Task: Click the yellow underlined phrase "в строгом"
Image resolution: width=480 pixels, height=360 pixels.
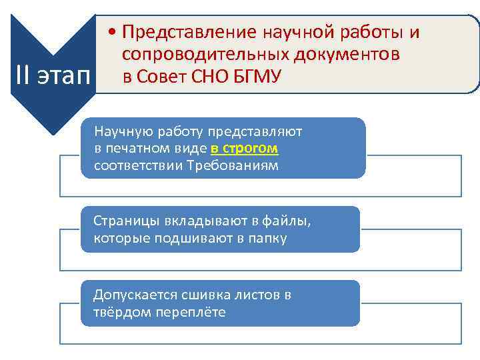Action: click(244, 148)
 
